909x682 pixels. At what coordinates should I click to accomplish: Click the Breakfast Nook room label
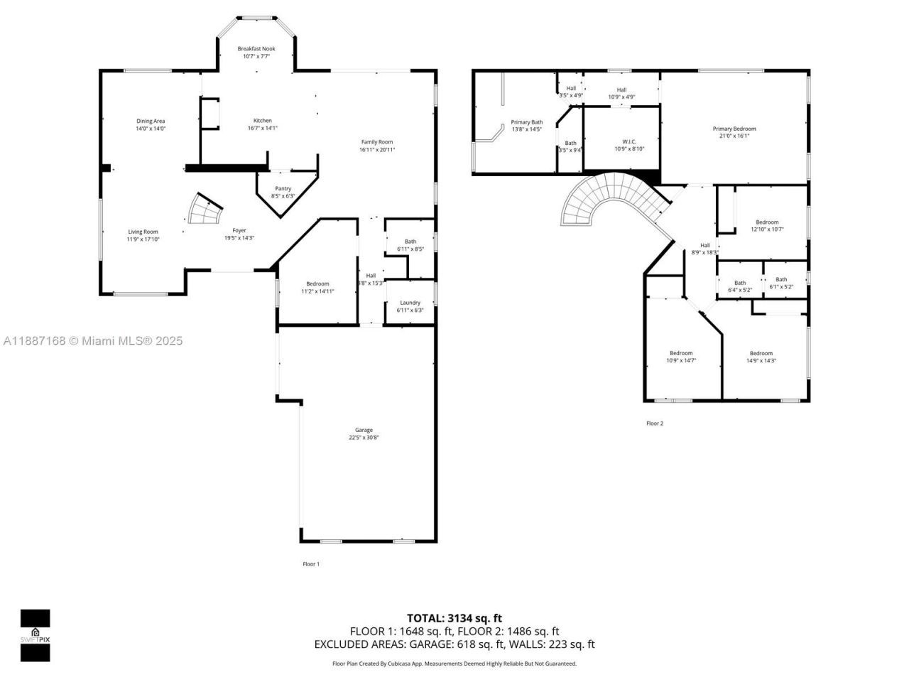pos(256,49)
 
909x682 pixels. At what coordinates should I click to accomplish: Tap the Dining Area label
pos(151,121)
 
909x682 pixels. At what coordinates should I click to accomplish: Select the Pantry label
pos(283,189)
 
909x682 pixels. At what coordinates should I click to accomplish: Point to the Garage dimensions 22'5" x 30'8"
pos(364,438)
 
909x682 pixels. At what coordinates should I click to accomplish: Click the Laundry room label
pos(410,303)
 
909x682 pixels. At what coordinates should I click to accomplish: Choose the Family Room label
pos(376,142)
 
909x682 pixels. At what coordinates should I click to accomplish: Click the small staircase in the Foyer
pos(205,210)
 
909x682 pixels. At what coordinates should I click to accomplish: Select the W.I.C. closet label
pos(628,142)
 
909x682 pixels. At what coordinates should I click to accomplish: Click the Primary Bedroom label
pos(734,129)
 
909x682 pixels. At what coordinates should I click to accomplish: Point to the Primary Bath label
pos(526,122)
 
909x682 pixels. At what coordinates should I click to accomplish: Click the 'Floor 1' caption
pos(311,564)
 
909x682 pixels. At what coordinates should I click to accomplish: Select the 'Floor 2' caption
pos(654,423)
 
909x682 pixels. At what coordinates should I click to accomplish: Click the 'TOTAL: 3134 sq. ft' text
pos(454,618)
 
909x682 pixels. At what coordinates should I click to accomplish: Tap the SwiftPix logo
pos(35,635)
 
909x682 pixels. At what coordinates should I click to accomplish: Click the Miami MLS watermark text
pos(93,341)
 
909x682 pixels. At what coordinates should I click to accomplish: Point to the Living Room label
pos(143,232)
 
